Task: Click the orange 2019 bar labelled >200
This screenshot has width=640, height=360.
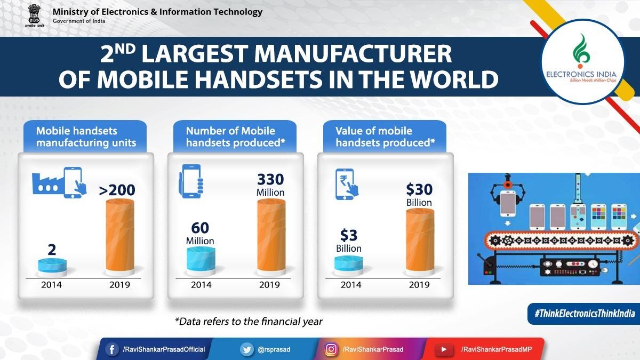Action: pyautogui.click(x=121, y=235)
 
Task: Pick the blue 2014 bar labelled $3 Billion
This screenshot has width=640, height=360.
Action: pyautogui.click(x=349, y=265)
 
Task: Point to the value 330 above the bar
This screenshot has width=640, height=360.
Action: pyautogui.click(x=270, y=179)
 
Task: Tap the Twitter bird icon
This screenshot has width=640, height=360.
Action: pyautogui.click(x=246, y=349)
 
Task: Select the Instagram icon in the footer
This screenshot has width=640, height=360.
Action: pyautogui.click(x=331, y=349)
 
